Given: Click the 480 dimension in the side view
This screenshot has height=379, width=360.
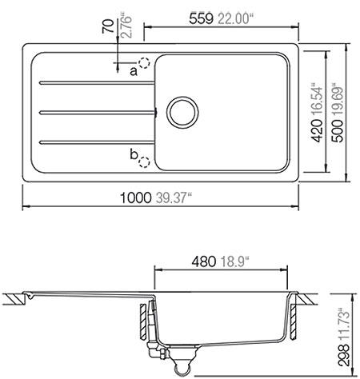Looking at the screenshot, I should [x=208, y=261].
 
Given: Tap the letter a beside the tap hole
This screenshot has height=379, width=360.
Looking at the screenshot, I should [x=134, y=71].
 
